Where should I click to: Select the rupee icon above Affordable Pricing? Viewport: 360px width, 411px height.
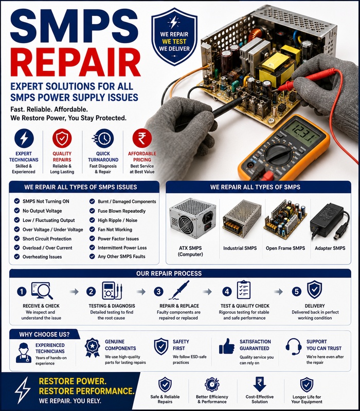click(142, 138)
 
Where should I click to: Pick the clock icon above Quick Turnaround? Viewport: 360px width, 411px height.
click(103, 138)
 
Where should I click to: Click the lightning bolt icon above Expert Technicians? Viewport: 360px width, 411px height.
click(24, 138)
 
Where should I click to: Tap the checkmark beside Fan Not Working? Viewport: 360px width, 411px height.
click(92, 229)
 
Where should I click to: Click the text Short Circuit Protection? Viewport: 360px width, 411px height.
click(47, 239)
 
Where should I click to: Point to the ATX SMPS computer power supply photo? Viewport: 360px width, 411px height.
click(192, 218)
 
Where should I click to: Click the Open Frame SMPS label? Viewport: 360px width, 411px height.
click(285, 248)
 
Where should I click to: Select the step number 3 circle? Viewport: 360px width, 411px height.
click(158, 291)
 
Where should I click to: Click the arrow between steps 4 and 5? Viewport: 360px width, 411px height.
click(278, 291)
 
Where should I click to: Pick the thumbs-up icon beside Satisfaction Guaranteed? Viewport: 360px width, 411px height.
click(227, 346)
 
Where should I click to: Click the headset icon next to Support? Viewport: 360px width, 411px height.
click(294, 346)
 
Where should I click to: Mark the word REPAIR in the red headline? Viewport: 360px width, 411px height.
click(75, 62)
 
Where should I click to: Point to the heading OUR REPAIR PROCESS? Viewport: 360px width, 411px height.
click(169, 273)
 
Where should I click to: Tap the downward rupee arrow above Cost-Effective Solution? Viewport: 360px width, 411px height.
click(260, 384)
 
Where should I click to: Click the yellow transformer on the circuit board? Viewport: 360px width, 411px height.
click(273, 69)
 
